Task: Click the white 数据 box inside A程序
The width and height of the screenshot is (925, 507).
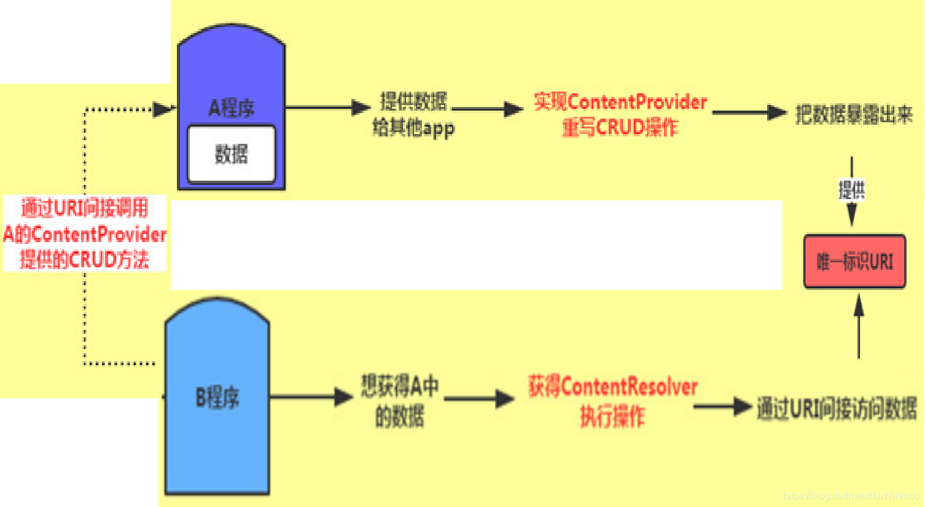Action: [x=231, y=154]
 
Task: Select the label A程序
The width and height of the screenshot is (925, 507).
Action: [x=231, y=108]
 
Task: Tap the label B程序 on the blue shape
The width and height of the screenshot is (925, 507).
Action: [x=217, y=398]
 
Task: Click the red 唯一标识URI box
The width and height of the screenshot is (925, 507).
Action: [x=854, y=262]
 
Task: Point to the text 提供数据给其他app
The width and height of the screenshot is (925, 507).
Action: [x=413, y=115]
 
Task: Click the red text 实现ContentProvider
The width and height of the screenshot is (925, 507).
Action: [x=620, y=101]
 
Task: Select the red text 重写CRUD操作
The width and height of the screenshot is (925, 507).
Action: [x=620, y=128]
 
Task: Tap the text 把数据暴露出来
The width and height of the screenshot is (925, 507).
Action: [x=853, y=114]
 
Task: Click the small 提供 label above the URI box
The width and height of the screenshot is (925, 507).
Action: [x=851, y=190]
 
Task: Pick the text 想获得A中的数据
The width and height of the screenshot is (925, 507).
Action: [x=399, y=401]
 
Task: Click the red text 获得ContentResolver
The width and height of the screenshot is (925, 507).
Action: [x=612, y=387]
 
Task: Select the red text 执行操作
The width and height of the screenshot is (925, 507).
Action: [x=612, y=417]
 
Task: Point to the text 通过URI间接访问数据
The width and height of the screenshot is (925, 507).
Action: [x=837, y=408]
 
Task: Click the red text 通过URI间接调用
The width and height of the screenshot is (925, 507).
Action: [x=85, y=208]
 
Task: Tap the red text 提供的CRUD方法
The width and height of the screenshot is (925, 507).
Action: [x=85, y=259]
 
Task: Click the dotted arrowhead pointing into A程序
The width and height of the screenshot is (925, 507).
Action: [x=163, y=109]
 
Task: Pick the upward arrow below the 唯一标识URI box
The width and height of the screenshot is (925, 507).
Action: [x=859, y=326]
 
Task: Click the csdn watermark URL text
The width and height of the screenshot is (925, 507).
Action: [x=851, y=495]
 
